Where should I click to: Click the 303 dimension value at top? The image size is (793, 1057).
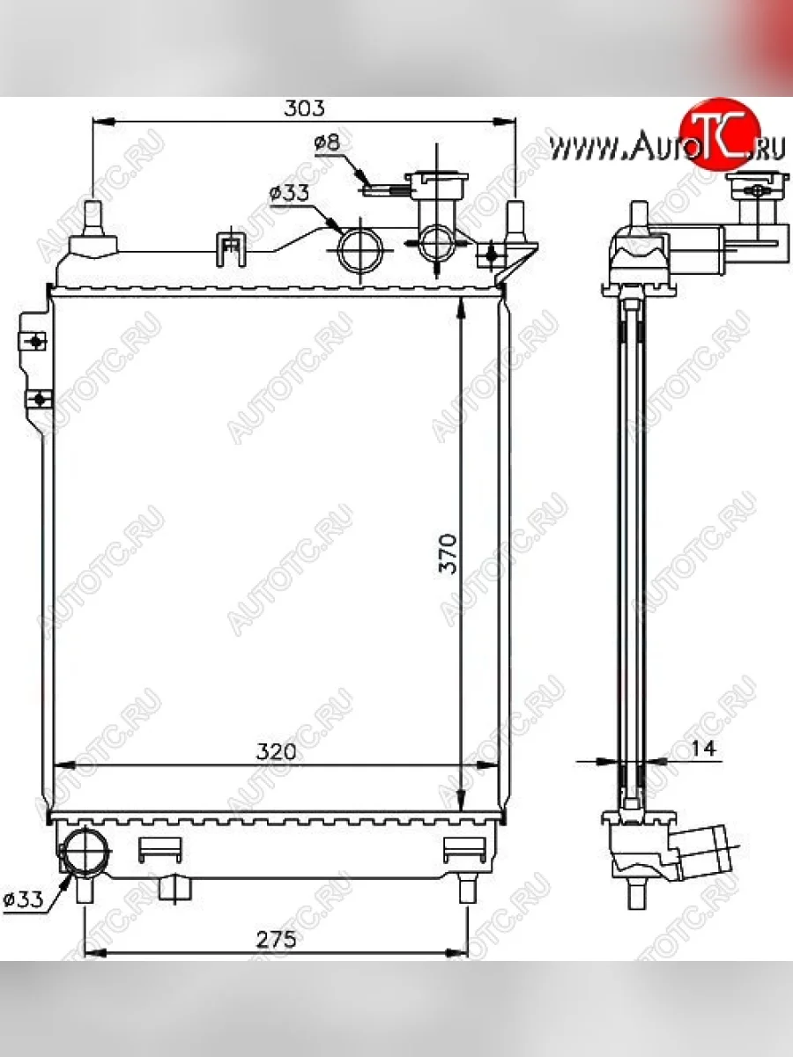304,108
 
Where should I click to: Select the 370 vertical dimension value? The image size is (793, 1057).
448,553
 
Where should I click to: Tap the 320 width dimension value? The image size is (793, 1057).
276,751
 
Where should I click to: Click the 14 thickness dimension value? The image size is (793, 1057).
703,748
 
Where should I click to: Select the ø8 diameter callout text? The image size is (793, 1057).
328,143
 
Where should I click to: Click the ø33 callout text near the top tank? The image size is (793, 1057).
289,193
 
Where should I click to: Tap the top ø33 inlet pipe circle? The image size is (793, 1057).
360,250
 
